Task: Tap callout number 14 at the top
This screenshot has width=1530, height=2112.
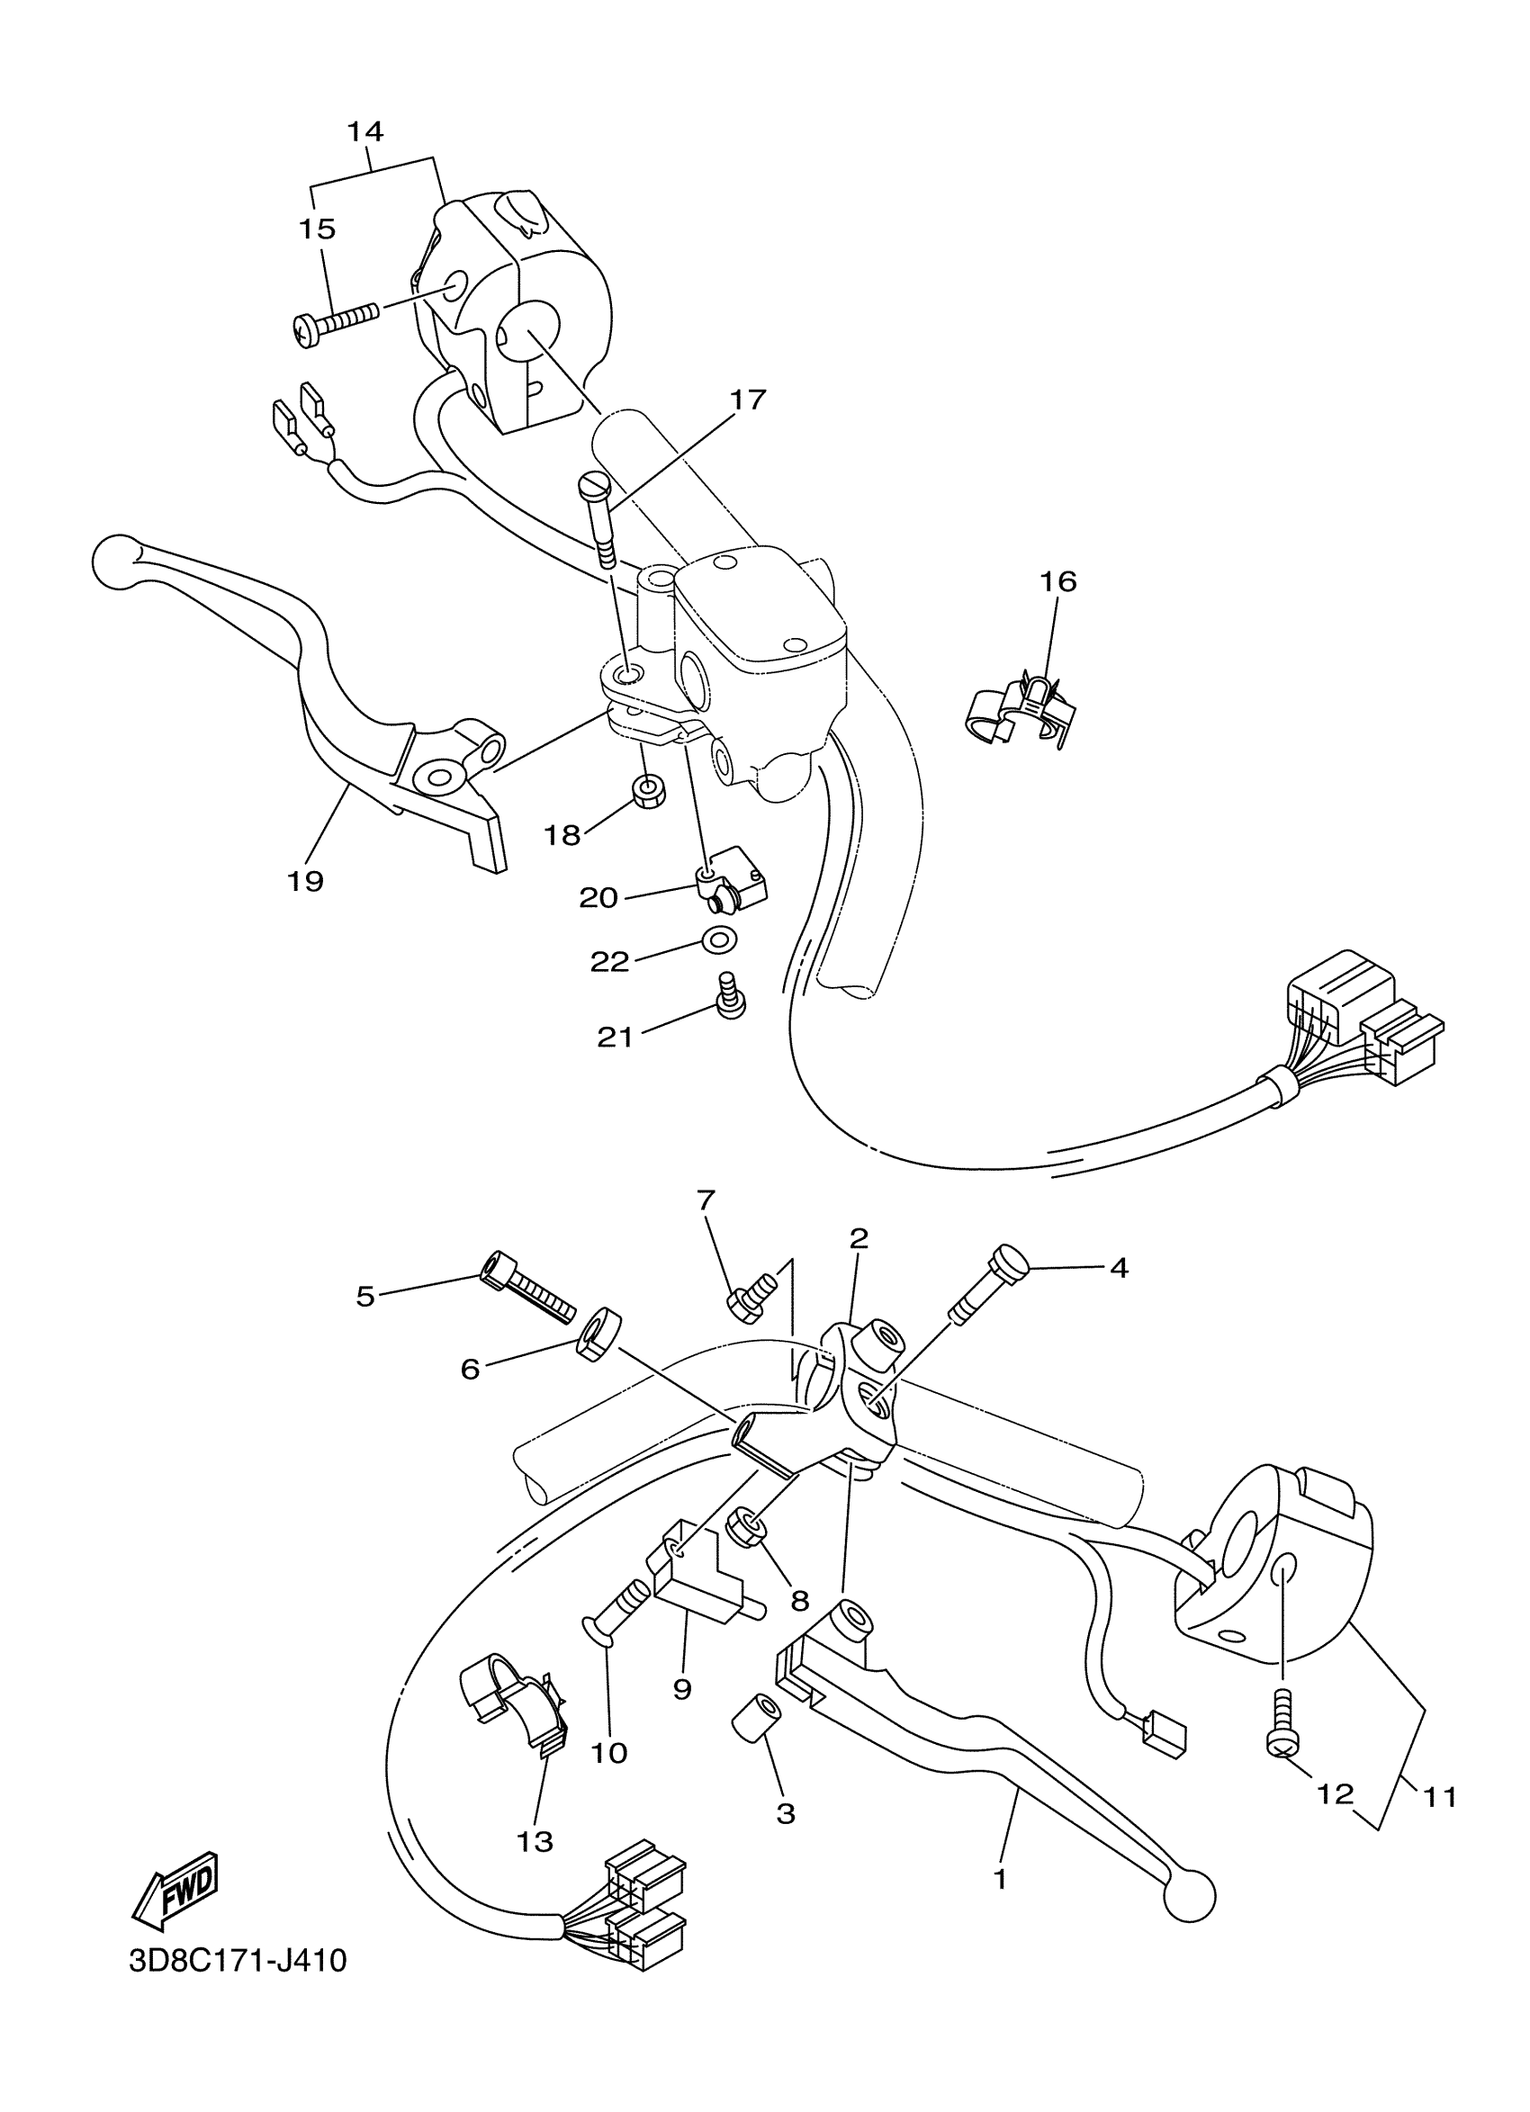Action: point(366,131)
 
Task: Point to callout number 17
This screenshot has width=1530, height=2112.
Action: point(748,400)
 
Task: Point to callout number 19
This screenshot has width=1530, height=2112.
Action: point(304,880)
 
